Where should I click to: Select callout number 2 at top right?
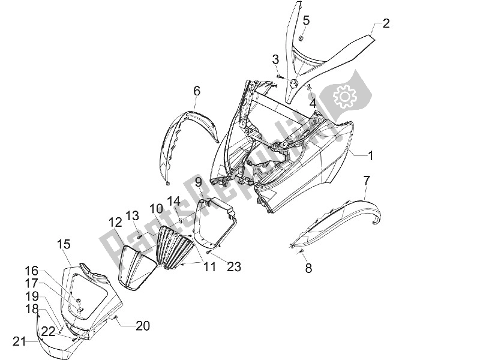386,23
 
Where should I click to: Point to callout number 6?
196,91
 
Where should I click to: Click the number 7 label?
367,180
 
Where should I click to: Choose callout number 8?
308,268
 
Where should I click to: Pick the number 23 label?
234,266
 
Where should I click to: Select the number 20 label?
142,326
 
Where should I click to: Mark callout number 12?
115,222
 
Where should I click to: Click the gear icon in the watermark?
344,95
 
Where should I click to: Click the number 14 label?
173,200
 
